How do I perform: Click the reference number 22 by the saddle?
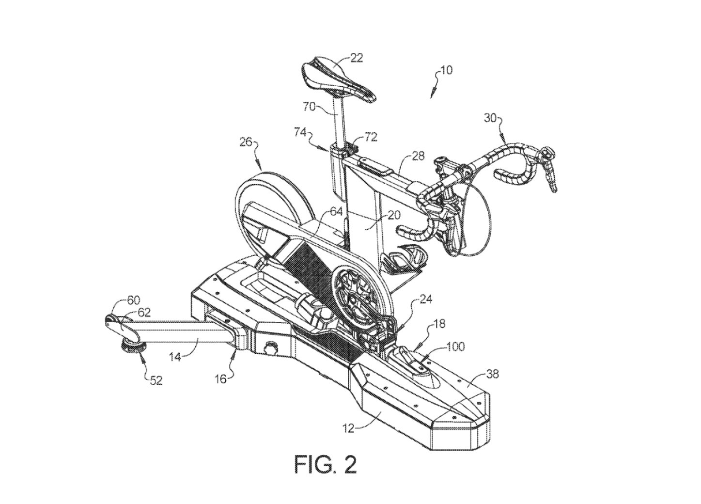[357, 58]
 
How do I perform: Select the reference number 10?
[446, 70]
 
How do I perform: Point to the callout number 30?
[491, 117]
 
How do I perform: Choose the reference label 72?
[371, 137]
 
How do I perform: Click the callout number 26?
[247, 142]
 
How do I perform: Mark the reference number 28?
[418, 156]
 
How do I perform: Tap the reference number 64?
[336, 212]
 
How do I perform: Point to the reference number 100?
[456, 346]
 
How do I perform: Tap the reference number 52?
[156, 380]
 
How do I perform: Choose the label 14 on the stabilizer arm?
[175, 357]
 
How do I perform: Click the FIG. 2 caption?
[326, 464]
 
